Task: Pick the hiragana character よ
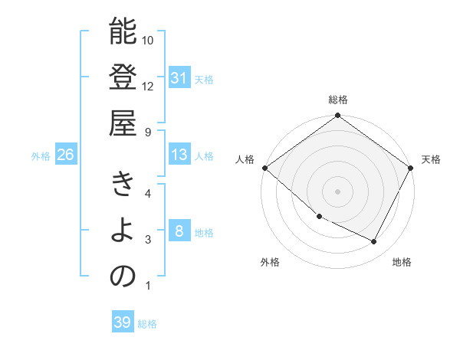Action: (x=123, y=231)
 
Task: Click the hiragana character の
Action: (x=123, y=277)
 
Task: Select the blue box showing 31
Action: (x=179, y=78)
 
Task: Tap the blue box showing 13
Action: (x=179, y=155)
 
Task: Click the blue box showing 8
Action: (x=179, y=232)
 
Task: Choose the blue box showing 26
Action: (x=65, y=155)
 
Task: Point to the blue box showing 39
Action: (x=122, y=323)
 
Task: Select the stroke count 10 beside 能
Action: (x=148, y=40)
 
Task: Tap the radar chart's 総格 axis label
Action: (x=338, y=100)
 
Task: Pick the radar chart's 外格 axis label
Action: (x=270, y=262)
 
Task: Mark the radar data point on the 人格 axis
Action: (x=264, y=168)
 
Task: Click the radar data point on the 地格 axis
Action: (x=374, y=242)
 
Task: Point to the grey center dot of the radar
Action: (x=337, y=191)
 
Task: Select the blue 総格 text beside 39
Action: (x=147, y=324)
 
